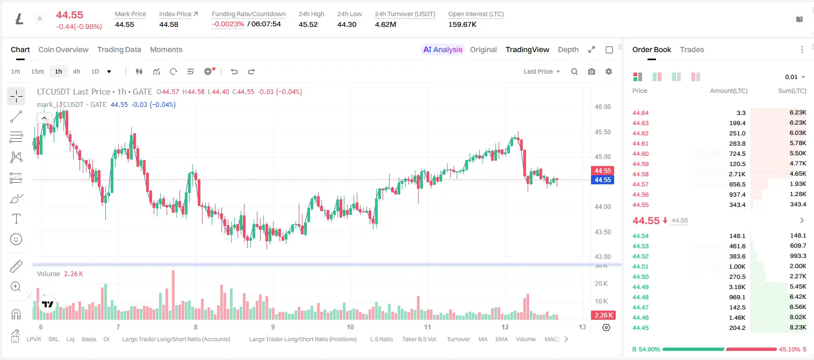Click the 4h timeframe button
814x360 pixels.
click(76, 71)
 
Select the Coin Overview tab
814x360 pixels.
click(63, 49)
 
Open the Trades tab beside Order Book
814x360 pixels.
click(691, 49)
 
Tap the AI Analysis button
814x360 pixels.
click(443, 49)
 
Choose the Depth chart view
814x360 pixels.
click(568, 49)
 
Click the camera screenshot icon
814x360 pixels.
click(591, 71)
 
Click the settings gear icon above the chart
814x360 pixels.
click(609, 71)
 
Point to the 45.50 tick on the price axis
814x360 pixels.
click(602, 132)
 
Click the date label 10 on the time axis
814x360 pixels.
click(350, 327)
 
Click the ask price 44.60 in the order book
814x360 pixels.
click(640, 154)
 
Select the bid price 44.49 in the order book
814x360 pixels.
click(640, 286)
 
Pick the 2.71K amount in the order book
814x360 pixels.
click(737, 174)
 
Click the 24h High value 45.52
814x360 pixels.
click(308, 24)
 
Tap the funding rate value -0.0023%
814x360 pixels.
click(228, 24)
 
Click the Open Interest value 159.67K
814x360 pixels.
click(462, 24)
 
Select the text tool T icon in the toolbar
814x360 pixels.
click(16, 219)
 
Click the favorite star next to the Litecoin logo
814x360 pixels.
click(40, 18)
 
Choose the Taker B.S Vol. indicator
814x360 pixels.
click(419, 339)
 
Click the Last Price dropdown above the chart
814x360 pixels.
click(542, 71)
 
